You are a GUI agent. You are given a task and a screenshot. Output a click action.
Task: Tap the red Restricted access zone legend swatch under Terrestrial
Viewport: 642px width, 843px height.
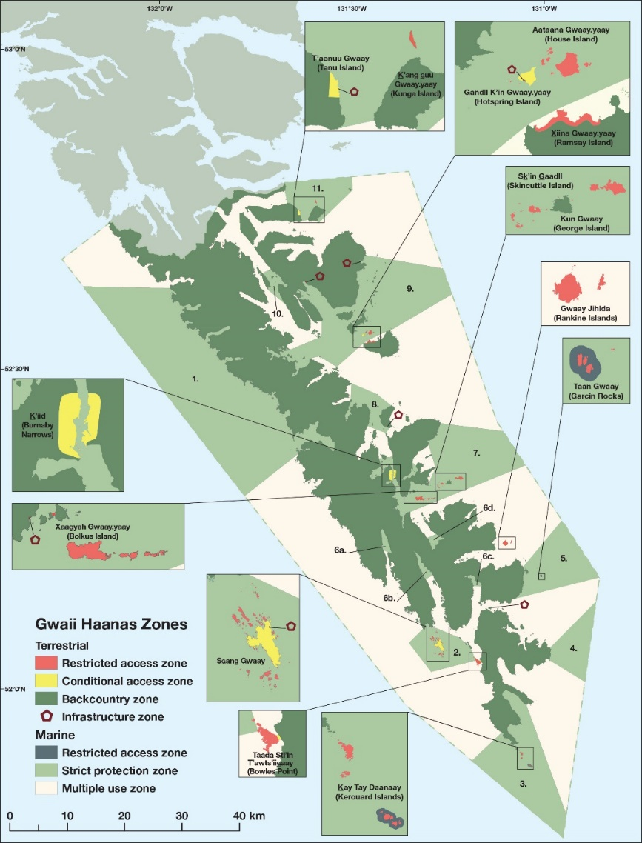pos(46,663)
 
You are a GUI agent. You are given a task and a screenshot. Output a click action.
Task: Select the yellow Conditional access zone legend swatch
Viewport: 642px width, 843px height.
pos(46,681)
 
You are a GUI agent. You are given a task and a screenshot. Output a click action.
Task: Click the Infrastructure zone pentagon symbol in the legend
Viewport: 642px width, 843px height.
pos(46,716)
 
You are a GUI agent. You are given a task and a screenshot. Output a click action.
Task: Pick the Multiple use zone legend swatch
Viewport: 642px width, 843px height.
pos(46,788)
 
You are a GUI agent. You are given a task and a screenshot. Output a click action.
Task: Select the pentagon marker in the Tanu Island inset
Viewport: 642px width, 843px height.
pos(354,92)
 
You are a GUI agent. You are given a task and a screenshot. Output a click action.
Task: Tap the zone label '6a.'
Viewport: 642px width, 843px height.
pos(340,550)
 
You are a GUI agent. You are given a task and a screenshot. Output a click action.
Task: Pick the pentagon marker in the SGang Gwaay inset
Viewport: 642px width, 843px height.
pos(290,626)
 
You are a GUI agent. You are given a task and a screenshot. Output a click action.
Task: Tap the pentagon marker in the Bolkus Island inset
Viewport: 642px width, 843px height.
pos(35,539)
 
